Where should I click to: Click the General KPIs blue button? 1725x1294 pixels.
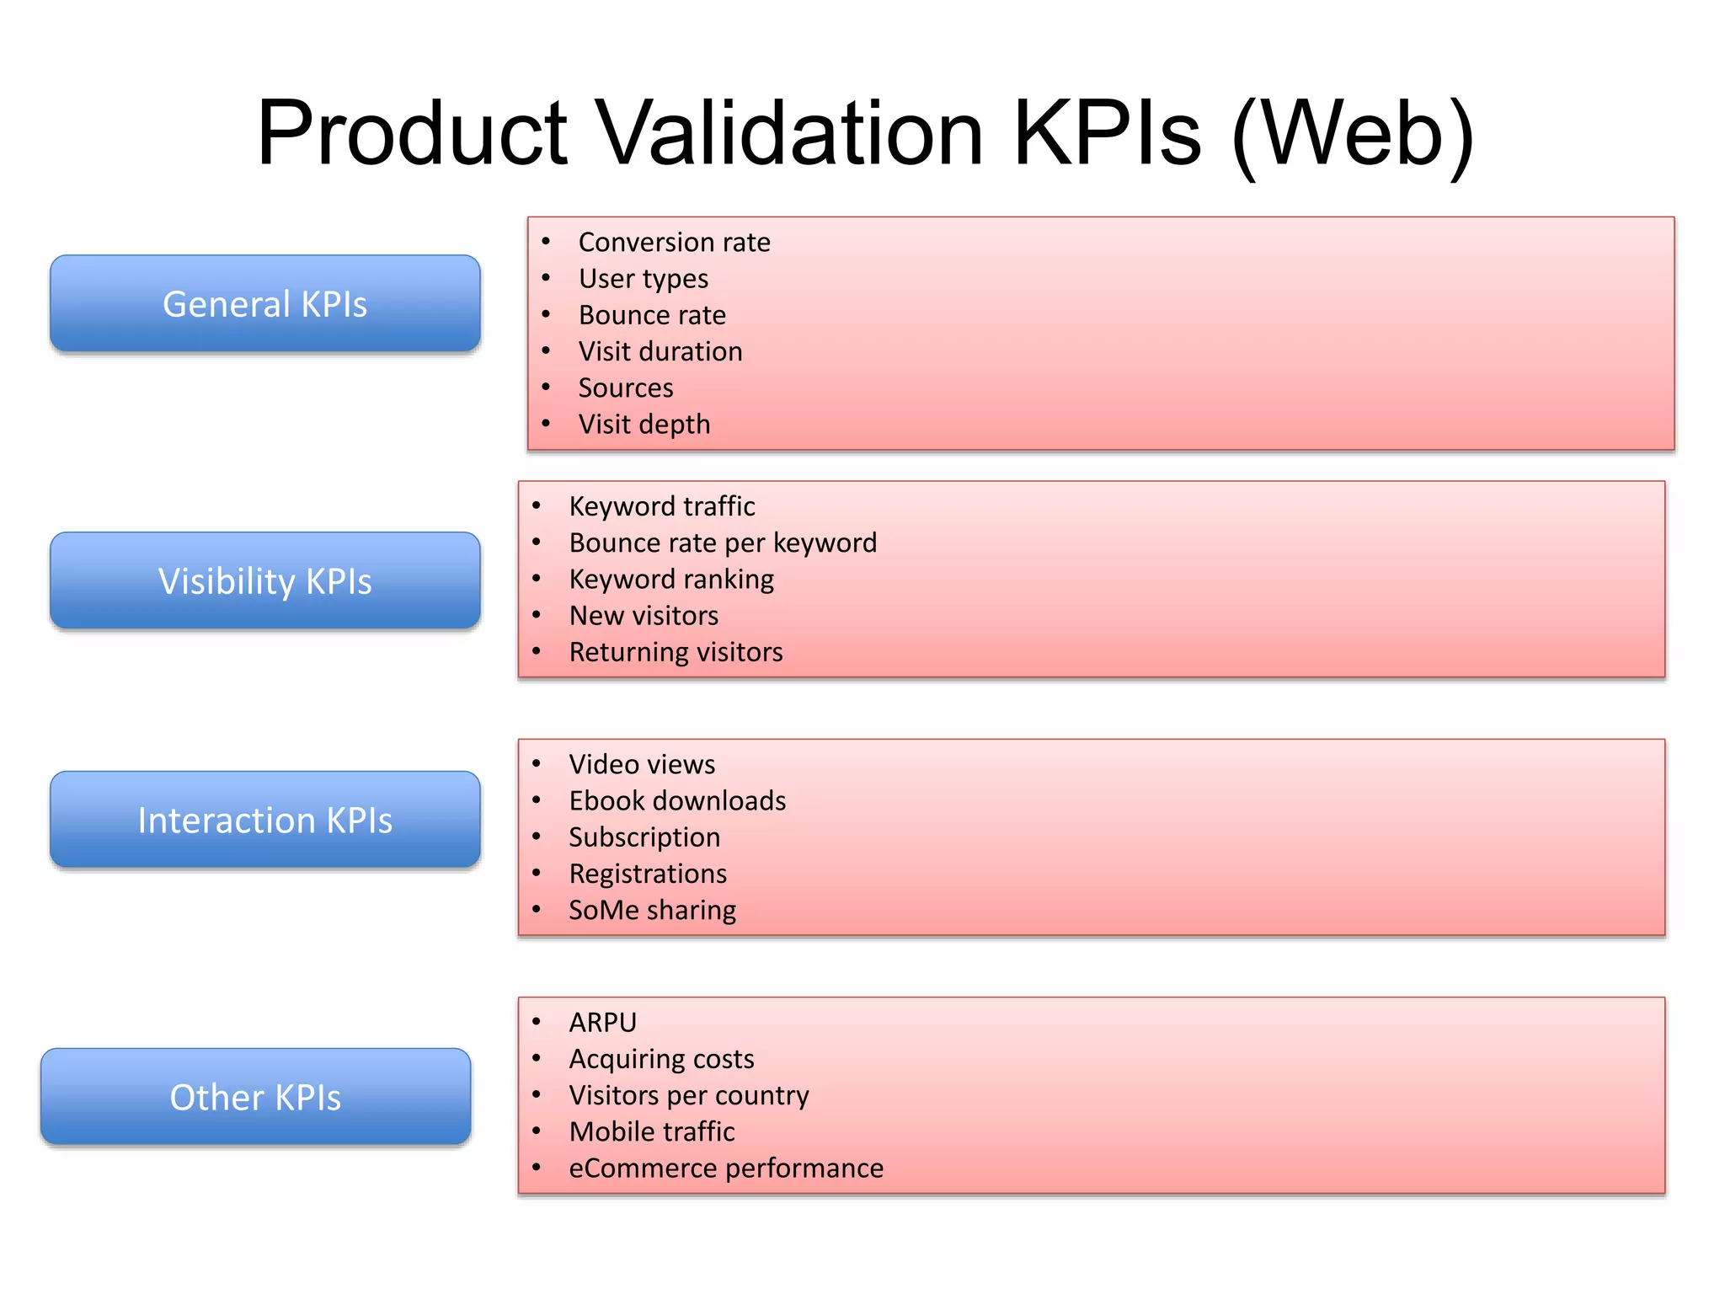click(264, 304)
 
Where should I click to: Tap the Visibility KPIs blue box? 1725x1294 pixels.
click(264, 581)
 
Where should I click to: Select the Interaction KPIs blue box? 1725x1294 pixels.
click(264, 821)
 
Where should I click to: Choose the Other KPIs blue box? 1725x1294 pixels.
click(255, 1098)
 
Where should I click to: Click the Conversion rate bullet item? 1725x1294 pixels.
click(674, 243)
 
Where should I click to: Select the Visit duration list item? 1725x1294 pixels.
click(660, 351)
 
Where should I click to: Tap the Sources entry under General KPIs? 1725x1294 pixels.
click(626, 388)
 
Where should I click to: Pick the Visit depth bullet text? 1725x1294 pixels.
click(644, 425)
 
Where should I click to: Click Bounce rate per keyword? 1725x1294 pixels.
click(723, 543)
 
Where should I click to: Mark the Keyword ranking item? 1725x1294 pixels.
click(671, 580)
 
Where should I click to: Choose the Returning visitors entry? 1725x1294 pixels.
click(676, 653)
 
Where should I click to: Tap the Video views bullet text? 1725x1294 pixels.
click(642, 765)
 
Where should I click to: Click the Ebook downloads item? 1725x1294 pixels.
click(677, 801)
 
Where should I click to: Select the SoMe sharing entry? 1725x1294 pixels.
click(652, 911)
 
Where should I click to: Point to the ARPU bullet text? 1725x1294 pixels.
click(603, 1023)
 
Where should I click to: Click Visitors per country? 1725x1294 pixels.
click(689, 1096)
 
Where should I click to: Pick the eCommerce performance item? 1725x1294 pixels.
click(726, 1168)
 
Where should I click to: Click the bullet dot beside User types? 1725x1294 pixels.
click(546, 278)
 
